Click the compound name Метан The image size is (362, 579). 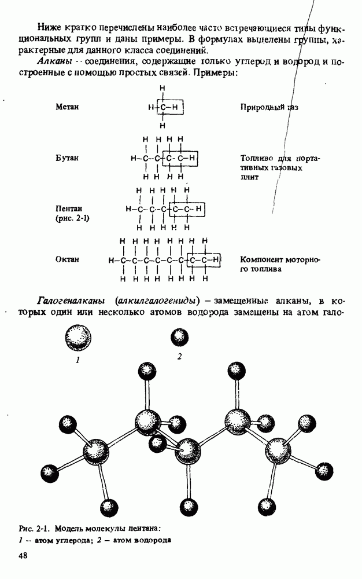[x=67, y=107]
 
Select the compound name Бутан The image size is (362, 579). [x=67, y=157]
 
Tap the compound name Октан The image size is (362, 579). [x=67, y=259]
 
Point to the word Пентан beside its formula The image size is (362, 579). [x=69, y=208]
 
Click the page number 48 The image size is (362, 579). [x=23, y=556]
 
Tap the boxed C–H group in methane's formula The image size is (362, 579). [x=171, y=108]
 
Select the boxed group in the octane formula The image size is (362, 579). [x=204, y=260]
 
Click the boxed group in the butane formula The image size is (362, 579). [x=180, y=159]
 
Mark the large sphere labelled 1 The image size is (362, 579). [x=78, y=338]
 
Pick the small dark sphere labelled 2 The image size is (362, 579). [x=179, y=338]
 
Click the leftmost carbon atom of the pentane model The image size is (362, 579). [x=95, y=452]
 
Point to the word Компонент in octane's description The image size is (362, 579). [x=260, y=259]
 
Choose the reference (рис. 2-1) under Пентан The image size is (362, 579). [x=72, y=218]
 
